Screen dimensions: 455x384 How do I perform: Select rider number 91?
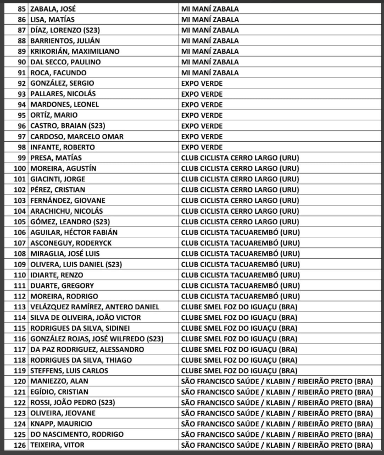(x=22, y=73)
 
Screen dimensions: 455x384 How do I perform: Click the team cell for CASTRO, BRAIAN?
(x=202, y=126)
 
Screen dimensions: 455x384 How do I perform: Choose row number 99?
(x=22, y=158)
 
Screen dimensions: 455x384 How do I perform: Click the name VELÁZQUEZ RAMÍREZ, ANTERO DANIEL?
(x=94, y=307)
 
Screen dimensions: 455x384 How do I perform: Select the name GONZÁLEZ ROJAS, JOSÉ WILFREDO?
(x=96, y=339)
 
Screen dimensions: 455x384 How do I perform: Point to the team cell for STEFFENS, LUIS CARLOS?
(x=239, y=371)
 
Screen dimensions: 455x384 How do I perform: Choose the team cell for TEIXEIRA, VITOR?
(x=276, y=445)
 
